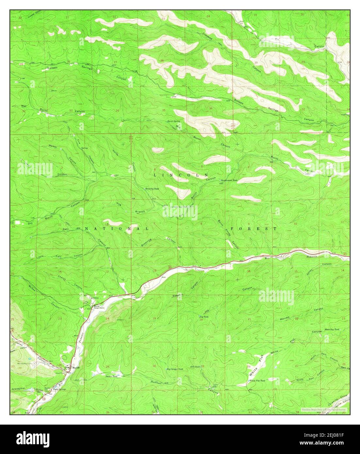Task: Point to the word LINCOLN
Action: point(181,175)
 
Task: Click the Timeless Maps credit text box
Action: point(324,409)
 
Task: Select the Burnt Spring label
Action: point(174,121)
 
